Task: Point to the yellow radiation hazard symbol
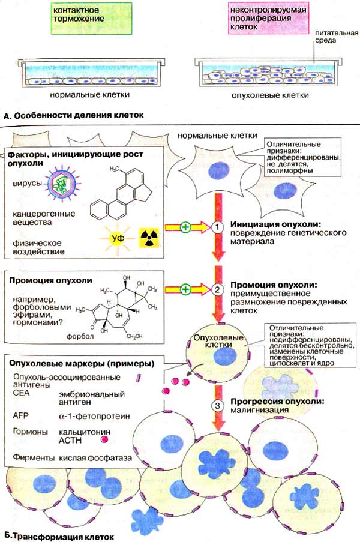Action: click(x=150, y=237)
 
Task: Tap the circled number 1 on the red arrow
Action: click(x=217, y=227)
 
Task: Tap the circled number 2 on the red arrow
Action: click(x=217, y=288)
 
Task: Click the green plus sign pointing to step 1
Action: click(x=187, y=227)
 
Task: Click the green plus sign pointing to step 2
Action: click(x=187, y=289)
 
